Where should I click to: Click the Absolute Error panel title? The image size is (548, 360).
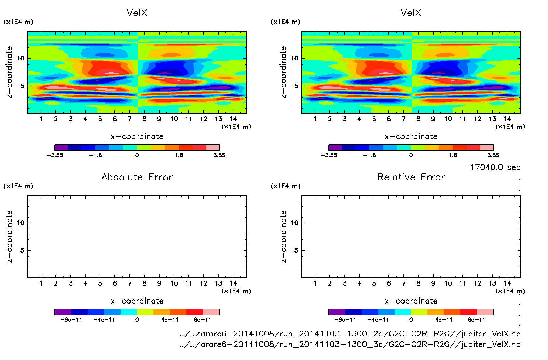137,177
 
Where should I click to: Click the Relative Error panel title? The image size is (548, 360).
411,177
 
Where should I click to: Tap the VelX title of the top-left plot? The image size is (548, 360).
137,13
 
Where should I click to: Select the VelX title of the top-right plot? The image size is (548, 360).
411,13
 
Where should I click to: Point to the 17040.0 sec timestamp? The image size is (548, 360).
495,167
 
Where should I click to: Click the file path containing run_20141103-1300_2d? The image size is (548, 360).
350,334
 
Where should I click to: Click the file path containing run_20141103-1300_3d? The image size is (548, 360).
350,344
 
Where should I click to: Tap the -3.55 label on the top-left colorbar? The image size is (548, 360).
55,155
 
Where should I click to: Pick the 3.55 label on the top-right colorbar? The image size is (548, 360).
493,155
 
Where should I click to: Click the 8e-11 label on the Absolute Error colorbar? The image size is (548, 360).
203,320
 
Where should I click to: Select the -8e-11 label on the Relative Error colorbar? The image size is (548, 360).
345,320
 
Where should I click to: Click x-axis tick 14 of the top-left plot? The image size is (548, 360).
233,119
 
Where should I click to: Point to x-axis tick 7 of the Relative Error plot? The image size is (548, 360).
403,283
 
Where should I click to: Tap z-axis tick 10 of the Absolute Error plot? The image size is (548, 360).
21,223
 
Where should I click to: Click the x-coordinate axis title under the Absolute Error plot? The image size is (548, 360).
137,301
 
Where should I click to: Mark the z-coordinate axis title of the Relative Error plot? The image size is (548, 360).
283,236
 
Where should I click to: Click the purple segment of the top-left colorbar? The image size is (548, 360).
61,148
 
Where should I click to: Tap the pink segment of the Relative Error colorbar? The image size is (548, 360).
485,312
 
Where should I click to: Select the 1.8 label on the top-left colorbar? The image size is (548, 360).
179,155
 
